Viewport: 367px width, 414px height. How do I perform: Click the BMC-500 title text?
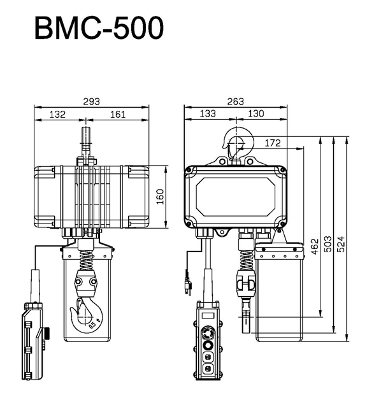(x=99, y=28)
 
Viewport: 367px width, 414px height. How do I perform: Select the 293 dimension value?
(x=91, y=102)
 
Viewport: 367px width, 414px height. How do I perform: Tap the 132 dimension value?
(x=57, y=115)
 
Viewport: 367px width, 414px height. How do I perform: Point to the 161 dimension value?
(x=118, y=115)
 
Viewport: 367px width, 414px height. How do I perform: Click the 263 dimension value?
(x=235, y=101)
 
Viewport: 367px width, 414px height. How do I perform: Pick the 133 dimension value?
(x=208, y=114)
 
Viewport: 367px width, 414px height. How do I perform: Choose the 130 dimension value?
(x=255, y=114)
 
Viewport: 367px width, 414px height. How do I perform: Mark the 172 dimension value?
(x=273, y=143)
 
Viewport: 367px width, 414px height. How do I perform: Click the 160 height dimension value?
(x=160, y=197)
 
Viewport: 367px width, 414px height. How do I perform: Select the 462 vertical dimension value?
(x=315, y=246)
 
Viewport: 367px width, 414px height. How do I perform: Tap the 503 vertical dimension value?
(x=328, y=244)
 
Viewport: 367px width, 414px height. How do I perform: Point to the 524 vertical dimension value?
(x=341, y=244)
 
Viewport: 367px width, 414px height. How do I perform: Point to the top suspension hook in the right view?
(x=238, y=143)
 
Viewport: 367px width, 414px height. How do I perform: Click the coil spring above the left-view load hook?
(x=86, y=260)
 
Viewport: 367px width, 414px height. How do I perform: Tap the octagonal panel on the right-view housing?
(x=235, y=197)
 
